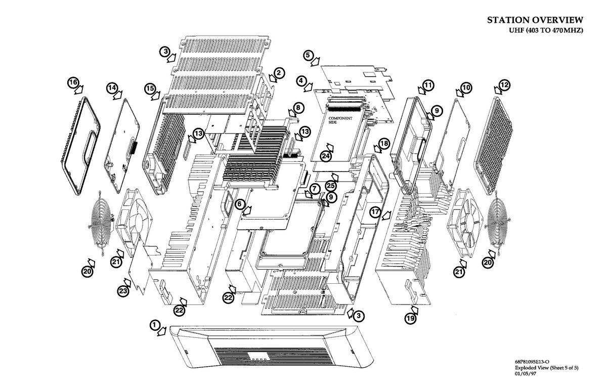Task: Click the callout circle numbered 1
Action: [x=155, y=324]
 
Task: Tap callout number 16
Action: [x=73, y=82]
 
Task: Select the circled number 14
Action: [x=112, y=88]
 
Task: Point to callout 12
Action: [x=504, y=84]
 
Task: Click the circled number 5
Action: [x=309, y=54]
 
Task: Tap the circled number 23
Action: [x=123, y=291]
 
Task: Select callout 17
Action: [x=374, y=212]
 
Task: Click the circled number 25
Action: [x=331, y=186]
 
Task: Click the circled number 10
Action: [x=466, y=88]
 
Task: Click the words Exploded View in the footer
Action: [x=532, y=368]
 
